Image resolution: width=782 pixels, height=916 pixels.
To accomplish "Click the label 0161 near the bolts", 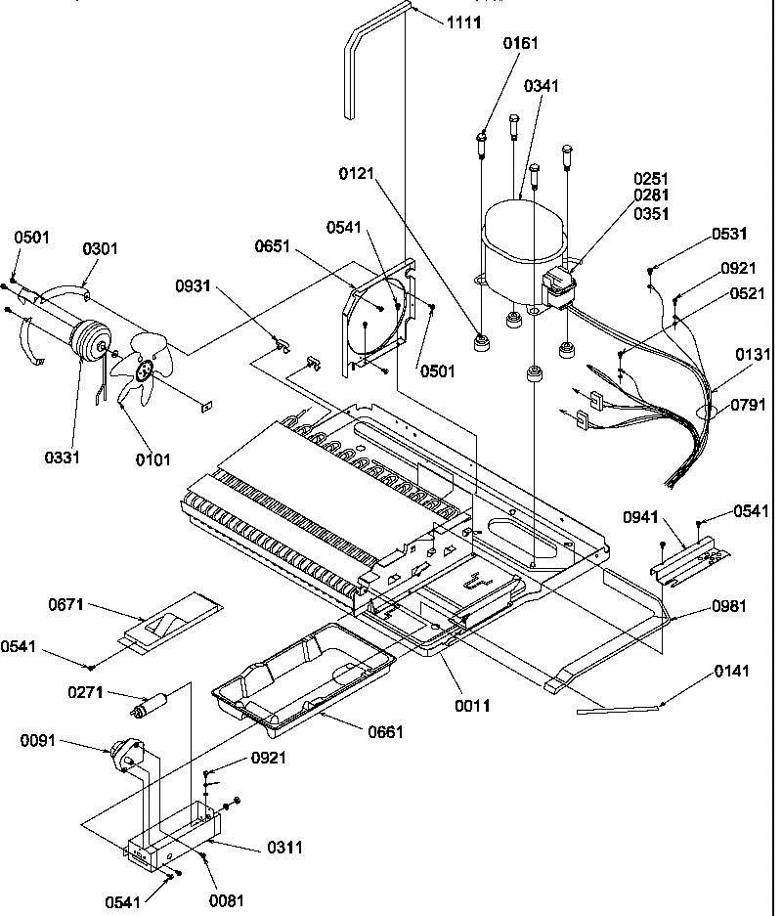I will pos(521,43).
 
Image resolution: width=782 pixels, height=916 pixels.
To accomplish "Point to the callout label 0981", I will pos(730,606).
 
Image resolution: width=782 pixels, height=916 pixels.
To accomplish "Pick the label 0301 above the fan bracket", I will pos(100,248).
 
